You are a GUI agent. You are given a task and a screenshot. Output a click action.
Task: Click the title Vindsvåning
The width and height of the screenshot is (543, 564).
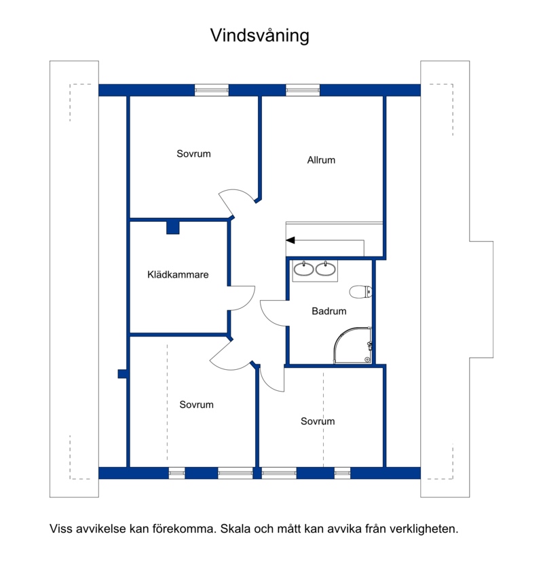point(260,35)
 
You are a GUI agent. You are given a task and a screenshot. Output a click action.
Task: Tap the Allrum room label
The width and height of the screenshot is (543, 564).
point(321,160)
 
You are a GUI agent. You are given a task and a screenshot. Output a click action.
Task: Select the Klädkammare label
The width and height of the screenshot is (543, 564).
point(178,275)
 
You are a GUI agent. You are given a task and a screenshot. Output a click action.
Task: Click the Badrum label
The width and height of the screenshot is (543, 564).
point(329,311)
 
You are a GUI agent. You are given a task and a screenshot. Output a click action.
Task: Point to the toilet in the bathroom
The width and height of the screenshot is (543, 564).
point(360,292)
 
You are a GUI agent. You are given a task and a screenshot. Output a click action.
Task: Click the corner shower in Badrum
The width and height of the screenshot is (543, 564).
point(353,345)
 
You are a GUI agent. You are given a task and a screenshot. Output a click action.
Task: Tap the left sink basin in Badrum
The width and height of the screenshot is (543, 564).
point(304,269)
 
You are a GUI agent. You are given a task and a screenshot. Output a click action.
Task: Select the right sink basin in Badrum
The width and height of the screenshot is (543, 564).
point(325,269)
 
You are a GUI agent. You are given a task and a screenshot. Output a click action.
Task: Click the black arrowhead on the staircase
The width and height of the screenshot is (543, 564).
point(291,240)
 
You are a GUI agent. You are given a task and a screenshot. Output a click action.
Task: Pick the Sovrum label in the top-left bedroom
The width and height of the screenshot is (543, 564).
point(193,154)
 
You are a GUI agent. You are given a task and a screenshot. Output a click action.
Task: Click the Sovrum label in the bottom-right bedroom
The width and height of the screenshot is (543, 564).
point(318,421)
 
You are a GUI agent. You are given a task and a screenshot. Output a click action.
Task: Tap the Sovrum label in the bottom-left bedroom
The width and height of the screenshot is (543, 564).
point(196,405)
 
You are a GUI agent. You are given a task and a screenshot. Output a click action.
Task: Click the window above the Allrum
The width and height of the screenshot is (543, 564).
point(303,90)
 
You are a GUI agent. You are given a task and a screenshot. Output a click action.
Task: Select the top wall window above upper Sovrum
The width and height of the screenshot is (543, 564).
point(212,90)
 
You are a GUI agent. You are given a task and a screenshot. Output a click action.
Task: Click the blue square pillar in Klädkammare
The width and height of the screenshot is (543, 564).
point(173,227)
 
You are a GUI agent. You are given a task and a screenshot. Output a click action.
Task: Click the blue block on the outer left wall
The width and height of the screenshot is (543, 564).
point(122,374)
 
